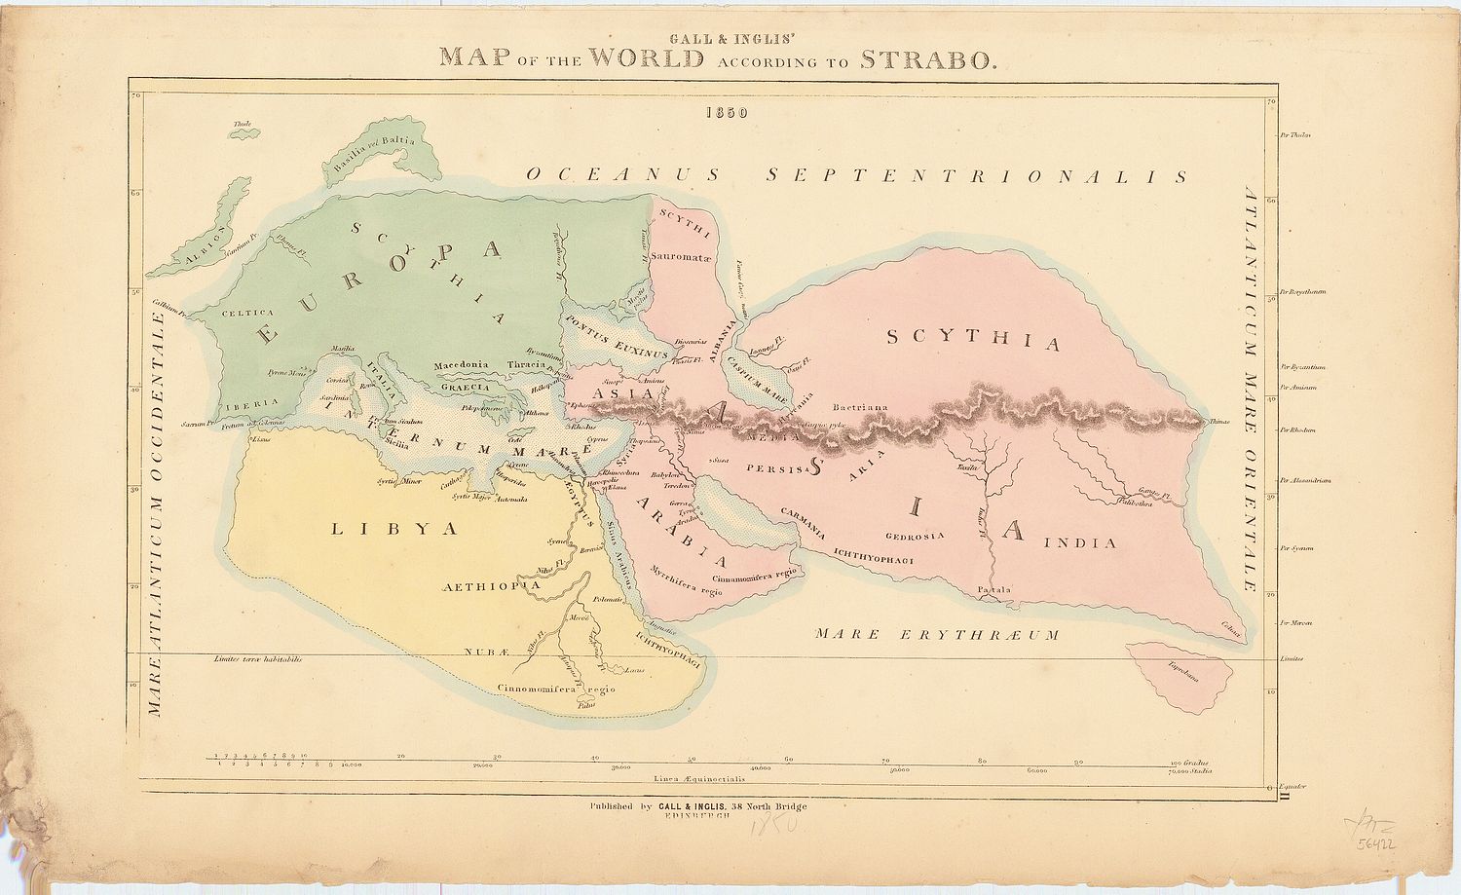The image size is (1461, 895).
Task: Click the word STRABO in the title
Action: point(927,58)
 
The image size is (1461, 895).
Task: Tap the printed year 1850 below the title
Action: point(729,112)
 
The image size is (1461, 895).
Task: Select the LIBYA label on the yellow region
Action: point(394,529)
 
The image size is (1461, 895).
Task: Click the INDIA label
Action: point(1081,542)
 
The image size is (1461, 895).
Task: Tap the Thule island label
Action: point(243,125)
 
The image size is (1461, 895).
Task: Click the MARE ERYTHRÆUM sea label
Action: point(936,634)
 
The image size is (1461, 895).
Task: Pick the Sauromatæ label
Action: point(682,256)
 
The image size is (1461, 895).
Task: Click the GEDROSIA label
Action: point(915,537)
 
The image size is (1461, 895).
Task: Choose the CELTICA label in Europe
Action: point(248,313)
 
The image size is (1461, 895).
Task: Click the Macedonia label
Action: point(461,364)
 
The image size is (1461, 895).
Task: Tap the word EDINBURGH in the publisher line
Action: point(697,817)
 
